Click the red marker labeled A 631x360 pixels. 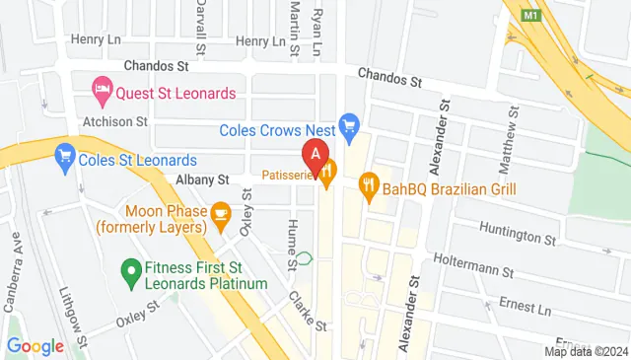[x=315, y=155]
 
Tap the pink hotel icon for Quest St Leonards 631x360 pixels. [x=101, y=93]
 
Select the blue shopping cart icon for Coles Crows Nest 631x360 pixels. [x=347, y=125]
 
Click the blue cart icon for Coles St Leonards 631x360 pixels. [x=65, y=154]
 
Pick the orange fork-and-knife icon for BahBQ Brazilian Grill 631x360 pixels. [x=369, y=182]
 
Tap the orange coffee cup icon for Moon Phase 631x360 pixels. [x=219, y=210]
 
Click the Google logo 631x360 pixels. [x=35, y=346]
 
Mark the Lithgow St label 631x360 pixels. [x=76, y=311]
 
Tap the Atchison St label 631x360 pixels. [x=114, y=122]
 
